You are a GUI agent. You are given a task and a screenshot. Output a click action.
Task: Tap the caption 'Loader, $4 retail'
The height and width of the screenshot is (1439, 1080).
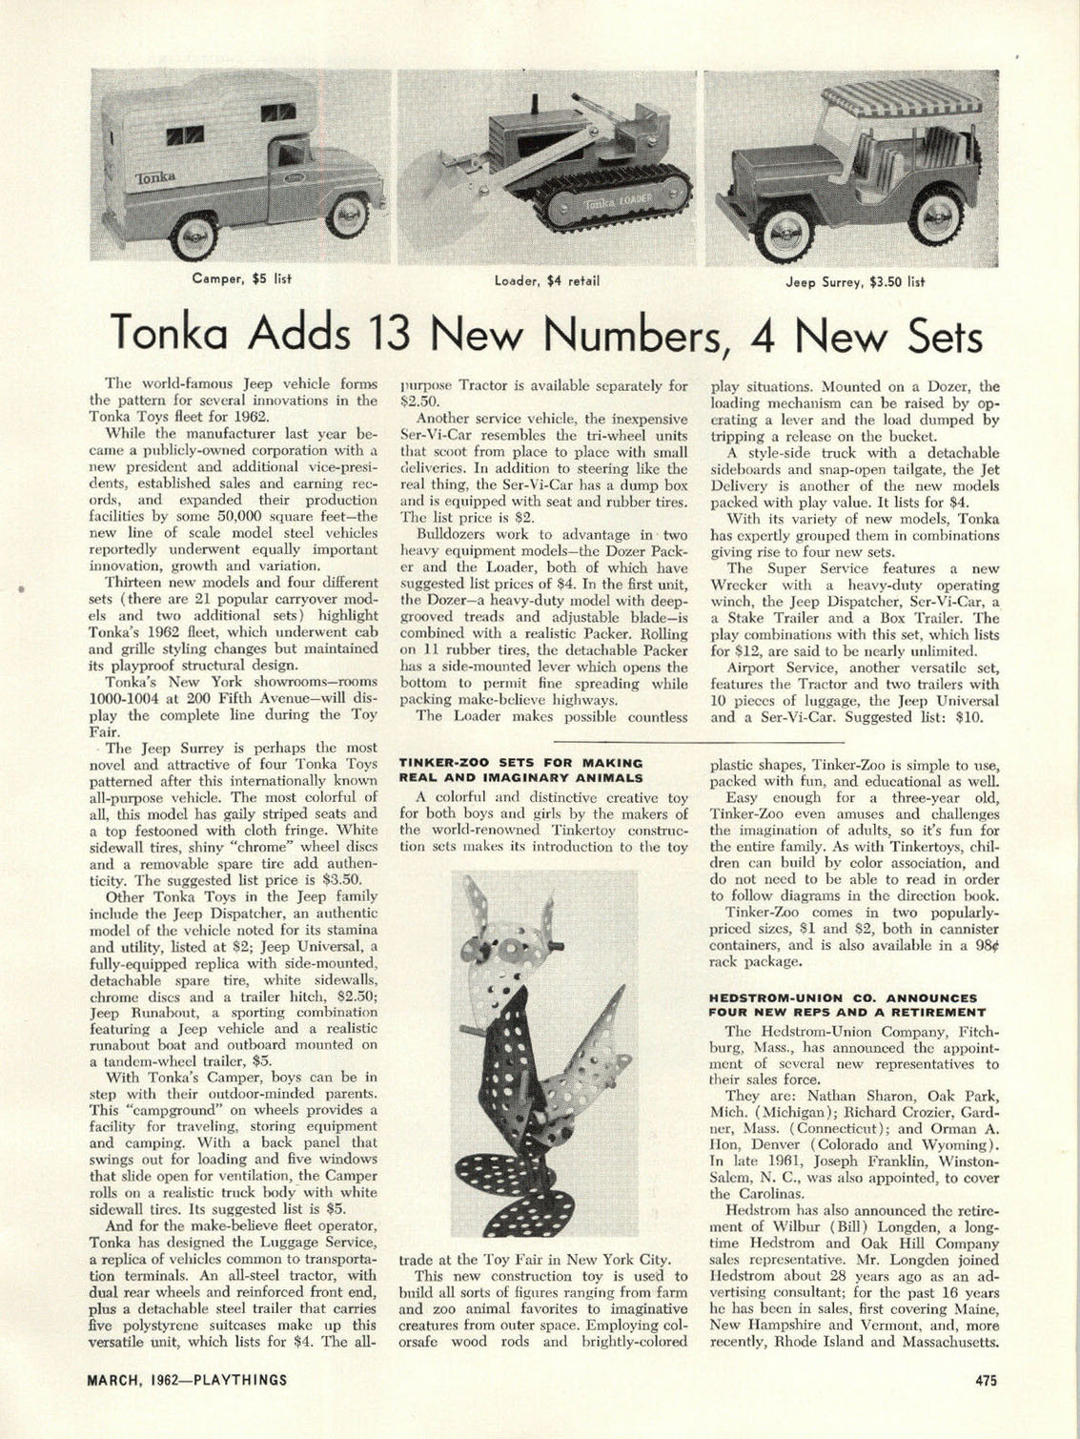pos(545,281)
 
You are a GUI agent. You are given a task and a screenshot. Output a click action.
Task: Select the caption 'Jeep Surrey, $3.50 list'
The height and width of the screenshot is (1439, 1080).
pos(855,282)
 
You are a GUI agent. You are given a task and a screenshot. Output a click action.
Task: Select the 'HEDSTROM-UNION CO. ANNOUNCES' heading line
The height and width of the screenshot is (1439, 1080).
pos(843,997)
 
